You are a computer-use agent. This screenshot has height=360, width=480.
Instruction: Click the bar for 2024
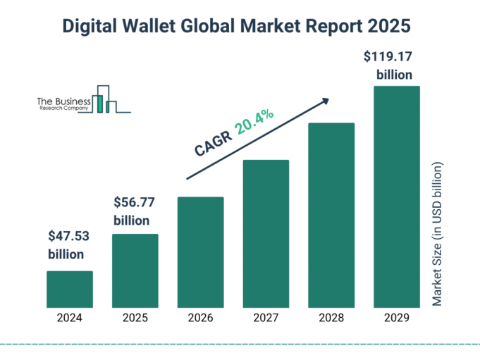pyautogui.click(x=70, y=290)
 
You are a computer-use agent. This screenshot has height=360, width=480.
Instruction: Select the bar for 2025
pyautogui.click(x=135, y=271)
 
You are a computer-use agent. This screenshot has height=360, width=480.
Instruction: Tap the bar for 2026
pyautogui.click(x=201, y=252)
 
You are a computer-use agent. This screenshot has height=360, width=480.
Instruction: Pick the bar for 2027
pyautogui.click(x=266, y=234)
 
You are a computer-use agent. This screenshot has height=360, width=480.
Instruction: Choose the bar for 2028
pyautogui.click(x=331, y=216)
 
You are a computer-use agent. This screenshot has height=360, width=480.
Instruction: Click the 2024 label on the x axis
pyautogui.click(x=70, y=318)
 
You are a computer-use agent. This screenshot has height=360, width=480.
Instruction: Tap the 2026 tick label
pyautogui.click(x=201, y=318)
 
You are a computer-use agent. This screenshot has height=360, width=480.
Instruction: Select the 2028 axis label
pyautogui.click(x=331, y=318)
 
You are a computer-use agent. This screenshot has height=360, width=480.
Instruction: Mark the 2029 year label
pyautogui.click(x=397, y=318)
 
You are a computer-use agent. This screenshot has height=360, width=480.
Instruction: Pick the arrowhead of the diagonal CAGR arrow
pyautogui.click(x=325, y=101)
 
